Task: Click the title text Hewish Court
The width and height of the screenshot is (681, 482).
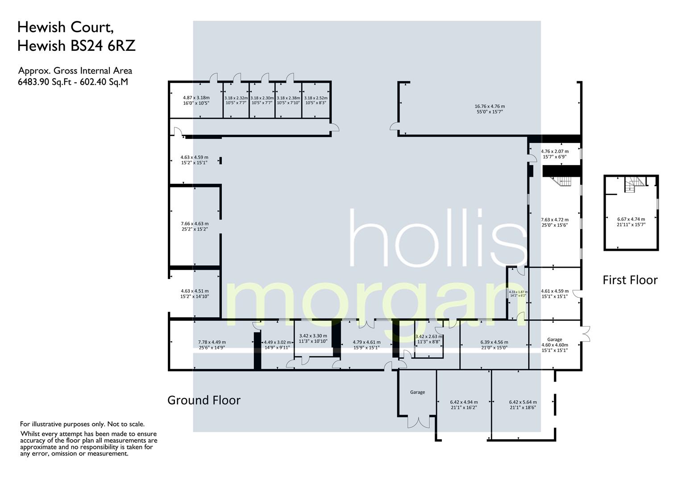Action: point(65,28)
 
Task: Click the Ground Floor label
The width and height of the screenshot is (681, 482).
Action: point(203,400)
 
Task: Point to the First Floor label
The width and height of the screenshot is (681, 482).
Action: point(630,280)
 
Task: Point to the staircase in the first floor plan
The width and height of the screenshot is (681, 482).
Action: point(634,184)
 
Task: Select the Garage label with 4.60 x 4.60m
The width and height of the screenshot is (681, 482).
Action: point(555,345)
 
